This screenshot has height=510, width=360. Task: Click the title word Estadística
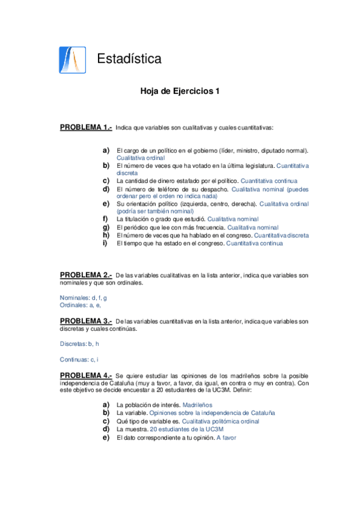(129, 59)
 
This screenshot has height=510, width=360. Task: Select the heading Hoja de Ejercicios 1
(180, 92)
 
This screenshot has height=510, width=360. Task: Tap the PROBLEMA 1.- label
(86, 127)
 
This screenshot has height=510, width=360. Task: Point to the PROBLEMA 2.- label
(86, 274)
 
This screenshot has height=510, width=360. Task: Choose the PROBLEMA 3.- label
(86, 321)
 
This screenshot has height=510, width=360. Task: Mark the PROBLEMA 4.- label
(86, 375)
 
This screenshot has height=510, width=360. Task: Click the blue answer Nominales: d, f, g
(84, 298)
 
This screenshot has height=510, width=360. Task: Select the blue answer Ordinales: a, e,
(81, 306)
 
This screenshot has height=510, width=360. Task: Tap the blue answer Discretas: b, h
(80, 345)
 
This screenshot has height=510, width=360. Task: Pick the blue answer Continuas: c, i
(79, 360)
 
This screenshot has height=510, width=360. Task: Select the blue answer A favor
(227, 438)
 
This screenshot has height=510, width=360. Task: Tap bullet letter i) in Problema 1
(105, 243)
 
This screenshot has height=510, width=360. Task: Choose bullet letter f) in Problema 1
(105, 220)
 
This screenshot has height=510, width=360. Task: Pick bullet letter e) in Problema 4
(106, 438)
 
